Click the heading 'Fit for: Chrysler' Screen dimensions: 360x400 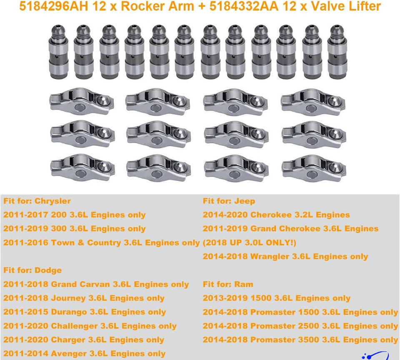[x=37, y=201]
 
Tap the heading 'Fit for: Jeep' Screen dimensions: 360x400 [x=229, y=201]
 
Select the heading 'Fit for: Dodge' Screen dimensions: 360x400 [x=32, y=270]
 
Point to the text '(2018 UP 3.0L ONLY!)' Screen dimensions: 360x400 [x=250, y=243]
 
